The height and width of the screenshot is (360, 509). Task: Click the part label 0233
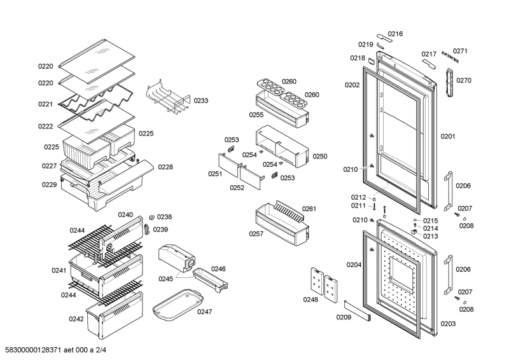(201, 100)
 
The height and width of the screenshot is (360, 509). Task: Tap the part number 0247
(205, 312)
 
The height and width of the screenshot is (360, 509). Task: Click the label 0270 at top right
(464, 80)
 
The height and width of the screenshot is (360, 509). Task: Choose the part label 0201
(448, 136)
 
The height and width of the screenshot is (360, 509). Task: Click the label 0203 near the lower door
(448, 324)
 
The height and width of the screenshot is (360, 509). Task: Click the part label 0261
(309, 209)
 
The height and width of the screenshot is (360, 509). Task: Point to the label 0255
(256, 115)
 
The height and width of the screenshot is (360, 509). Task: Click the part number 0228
(165, 167)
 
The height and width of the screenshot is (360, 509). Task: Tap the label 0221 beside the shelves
(45, 104)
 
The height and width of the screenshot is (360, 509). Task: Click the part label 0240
(125, 215)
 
